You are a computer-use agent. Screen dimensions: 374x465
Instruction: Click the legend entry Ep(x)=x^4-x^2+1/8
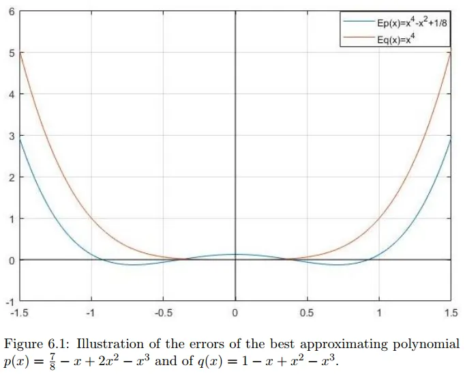pos(411,22)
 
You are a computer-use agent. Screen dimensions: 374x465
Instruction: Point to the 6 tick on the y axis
pos(11,12)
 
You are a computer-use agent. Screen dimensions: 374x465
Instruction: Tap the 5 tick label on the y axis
pos(11,53)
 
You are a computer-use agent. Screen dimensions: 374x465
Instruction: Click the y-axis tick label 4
pos(11,95)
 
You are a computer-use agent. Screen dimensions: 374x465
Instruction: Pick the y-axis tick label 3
pos(11,136)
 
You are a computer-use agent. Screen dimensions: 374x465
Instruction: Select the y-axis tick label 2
pos(11,177)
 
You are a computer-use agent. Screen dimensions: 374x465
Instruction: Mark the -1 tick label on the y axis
pos(9,301)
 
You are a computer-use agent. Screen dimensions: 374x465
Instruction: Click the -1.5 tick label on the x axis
pos(20,313)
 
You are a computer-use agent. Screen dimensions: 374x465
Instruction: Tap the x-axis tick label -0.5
pos(163,313)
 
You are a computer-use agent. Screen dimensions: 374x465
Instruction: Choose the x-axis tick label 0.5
pos(307,313)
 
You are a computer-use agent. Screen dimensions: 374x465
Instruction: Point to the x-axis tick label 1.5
pos(451,313)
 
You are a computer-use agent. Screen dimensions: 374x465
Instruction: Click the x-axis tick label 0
pos(235,313)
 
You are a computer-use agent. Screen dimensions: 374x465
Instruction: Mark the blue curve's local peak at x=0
pos(235,255)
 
